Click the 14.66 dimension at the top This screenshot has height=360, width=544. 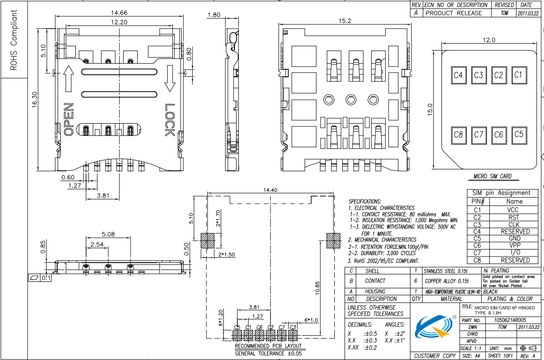point(119,13)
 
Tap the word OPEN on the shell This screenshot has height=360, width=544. point(68,119)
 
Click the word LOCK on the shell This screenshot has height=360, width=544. point(169,120)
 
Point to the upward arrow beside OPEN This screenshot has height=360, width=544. point(69,79)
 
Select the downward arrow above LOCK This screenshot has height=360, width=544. point(169,78)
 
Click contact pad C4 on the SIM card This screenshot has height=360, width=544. point(458,75)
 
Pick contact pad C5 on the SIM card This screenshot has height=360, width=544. point(519,134)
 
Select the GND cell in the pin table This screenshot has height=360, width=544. point(515,239)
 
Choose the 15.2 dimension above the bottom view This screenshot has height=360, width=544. point(345,21)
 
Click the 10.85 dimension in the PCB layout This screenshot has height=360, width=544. point(317,288)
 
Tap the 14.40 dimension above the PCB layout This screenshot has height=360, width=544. point(270,190)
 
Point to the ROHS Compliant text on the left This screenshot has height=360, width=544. point(14,40)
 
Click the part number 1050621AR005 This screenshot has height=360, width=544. point(510,320)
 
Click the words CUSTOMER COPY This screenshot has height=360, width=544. point(435,356)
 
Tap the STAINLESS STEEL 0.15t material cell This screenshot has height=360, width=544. point(446,271)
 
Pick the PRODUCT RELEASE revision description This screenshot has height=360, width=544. point(454,13)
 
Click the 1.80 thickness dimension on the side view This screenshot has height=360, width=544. point(213,15)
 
